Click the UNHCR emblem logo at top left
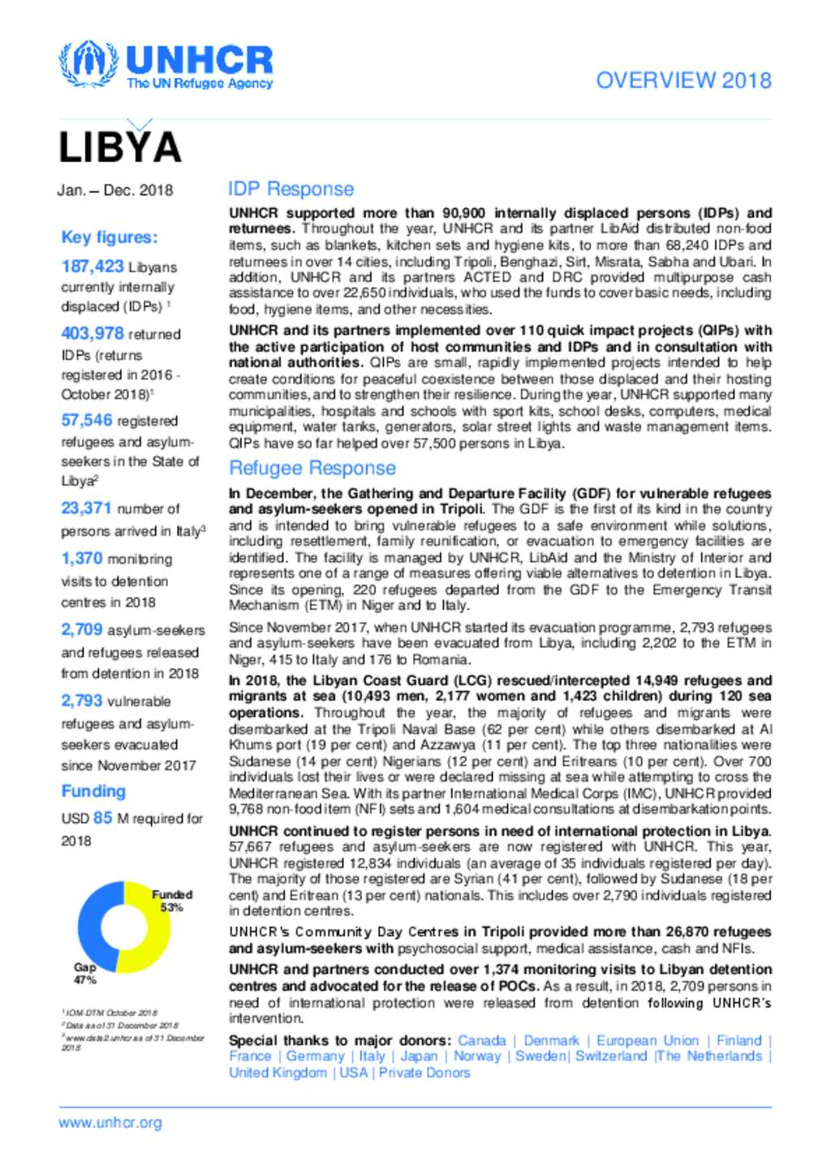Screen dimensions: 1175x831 coord(87,64)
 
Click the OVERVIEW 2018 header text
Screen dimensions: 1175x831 coord(683,80)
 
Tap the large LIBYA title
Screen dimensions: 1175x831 coord(120,148)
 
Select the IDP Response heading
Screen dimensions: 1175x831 coord(291,189)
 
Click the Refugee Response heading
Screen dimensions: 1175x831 coord(312,468)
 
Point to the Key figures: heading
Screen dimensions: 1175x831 coord(110,238)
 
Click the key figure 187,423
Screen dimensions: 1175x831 coord(93,266)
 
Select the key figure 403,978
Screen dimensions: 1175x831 coord(93,333)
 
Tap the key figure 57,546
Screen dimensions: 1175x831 coord(87,420)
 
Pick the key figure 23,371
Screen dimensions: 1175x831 coord(86,508)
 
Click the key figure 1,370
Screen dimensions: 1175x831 coord(82,559)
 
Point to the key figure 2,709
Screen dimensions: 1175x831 coord(82,630)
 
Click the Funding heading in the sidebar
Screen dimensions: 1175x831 coord(93,791)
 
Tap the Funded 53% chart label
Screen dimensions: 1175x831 coord(172,901)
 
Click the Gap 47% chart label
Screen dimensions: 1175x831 coord(85,973)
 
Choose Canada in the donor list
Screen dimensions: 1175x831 coord(481,1040)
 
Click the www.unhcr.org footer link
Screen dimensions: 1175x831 coord(110,1123)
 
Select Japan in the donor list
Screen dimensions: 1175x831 coord(419,1057)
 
